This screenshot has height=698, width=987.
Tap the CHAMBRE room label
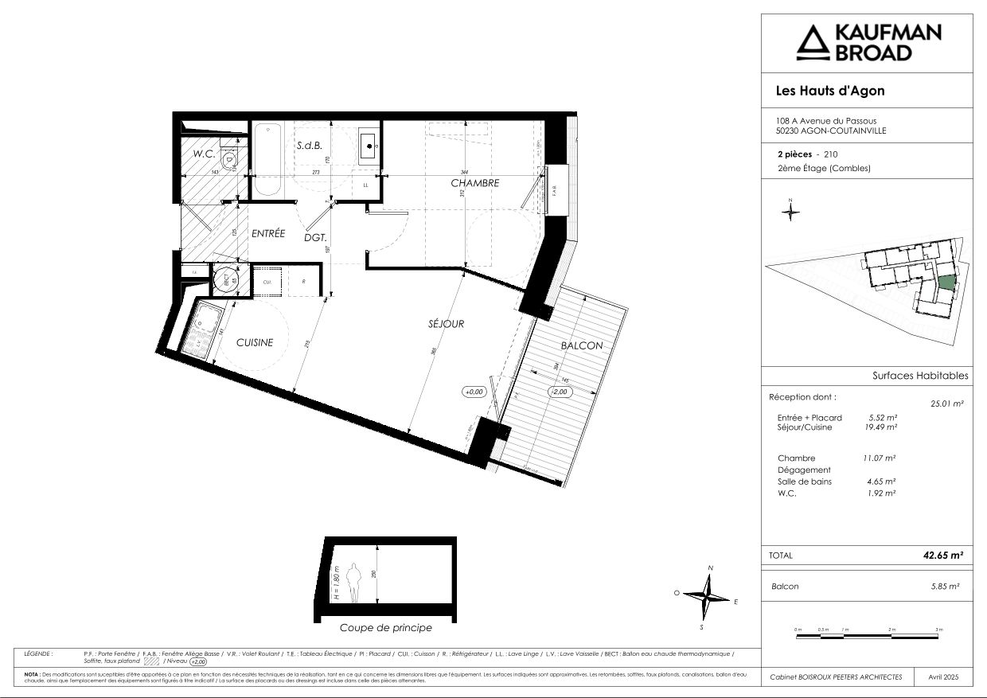[474, 183]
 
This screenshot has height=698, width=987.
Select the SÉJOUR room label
[446, 324]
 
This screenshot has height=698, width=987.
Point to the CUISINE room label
[255, 343]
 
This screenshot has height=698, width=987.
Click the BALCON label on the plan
[581, 345]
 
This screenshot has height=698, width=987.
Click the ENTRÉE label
[268, 234]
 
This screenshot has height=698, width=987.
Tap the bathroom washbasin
[369, 144]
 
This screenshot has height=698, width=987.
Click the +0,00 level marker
[474, 392]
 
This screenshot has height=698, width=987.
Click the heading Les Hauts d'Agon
[829, 91]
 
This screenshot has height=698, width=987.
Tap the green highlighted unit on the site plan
[946, 282]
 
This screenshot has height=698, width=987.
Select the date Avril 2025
[944, 677]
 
